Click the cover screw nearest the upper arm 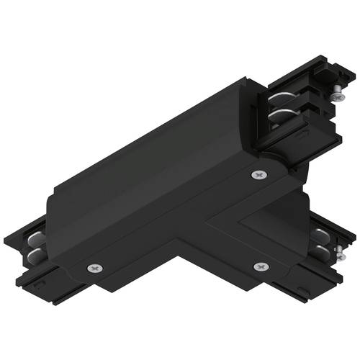(x=257, y=175)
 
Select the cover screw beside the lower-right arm (x=260, y=267)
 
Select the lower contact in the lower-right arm (x=319, y=251)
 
